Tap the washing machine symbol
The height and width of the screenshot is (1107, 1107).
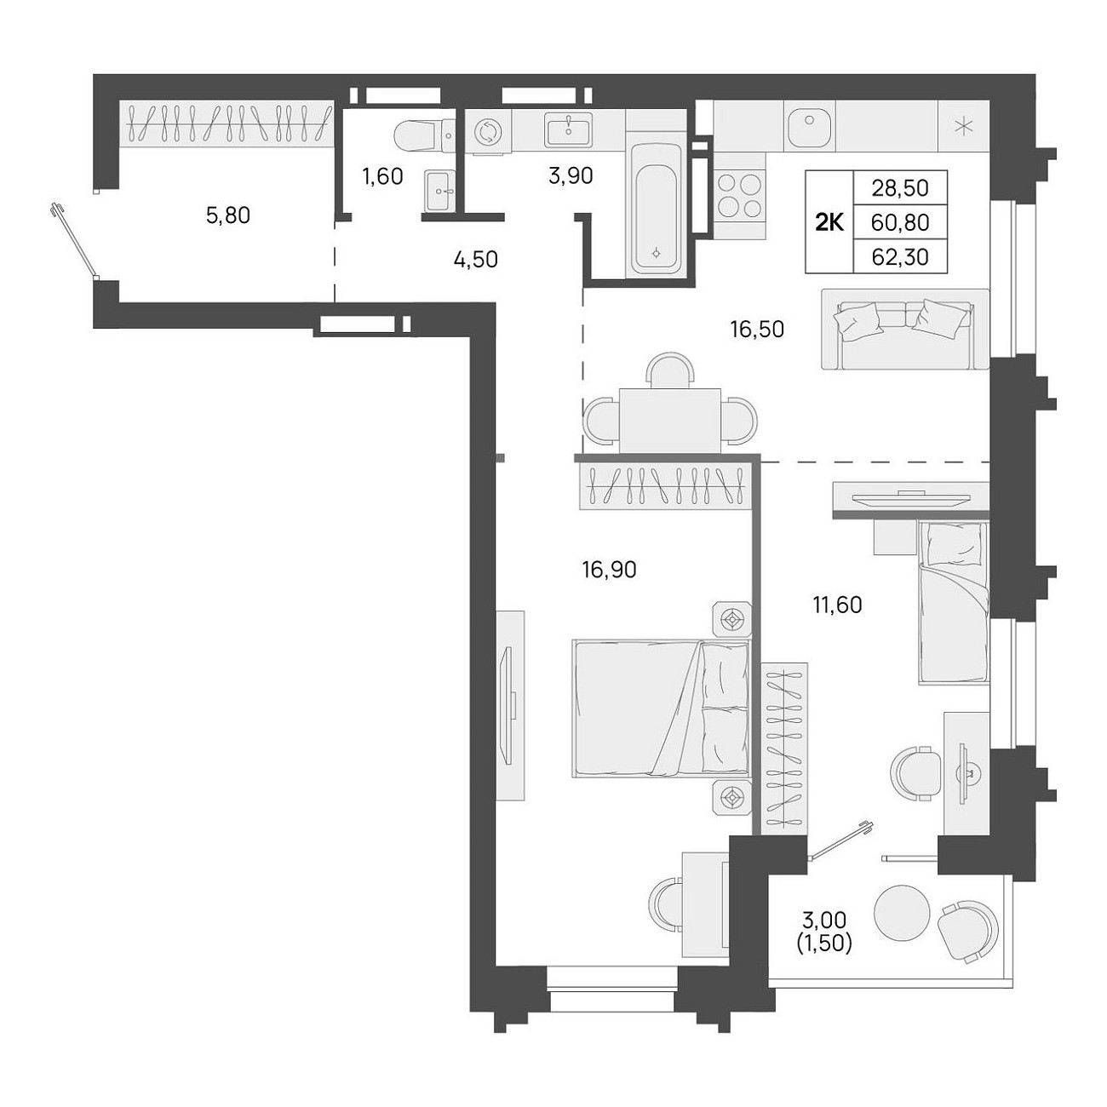488,132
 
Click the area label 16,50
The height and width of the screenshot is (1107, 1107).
757,330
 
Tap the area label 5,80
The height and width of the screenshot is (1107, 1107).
228,215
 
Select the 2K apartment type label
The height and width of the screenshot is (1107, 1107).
829,221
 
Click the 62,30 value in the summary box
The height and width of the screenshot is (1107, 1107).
900,257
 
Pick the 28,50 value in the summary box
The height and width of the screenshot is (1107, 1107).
900,188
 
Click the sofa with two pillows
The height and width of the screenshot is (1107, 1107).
905,329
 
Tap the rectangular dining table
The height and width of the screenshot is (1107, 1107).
670,421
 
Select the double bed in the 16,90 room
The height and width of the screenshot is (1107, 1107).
661,709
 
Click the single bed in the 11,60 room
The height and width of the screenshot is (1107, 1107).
953,604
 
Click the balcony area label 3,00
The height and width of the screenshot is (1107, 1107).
824,921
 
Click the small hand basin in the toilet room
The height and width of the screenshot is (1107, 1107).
440,190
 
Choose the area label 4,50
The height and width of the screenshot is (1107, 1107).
476,260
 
